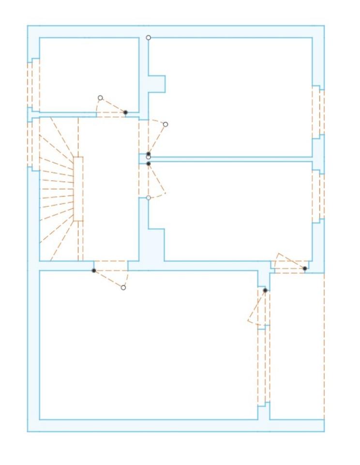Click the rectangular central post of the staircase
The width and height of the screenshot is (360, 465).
(x=78, y=189)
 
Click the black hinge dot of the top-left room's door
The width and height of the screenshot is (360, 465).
(x=125, y=112)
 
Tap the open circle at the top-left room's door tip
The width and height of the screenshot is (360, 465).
(x=100, y=98)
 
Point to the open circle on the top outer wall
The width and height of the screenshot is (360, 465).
(x=149, y=37)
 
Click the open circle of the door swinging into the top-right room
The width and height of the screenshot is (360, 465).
(x=165, y=124)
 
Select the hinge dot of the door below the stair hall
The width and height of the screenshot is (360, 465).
(x=94, y=270)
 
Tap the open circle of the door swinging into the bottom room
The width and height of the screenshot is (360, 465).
(x=123, y=288)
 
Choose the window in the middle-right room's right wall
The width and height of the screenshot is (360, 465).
(x=318, y=196)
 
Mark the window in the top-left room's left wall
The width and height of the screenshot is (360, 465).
(x=33, y=85)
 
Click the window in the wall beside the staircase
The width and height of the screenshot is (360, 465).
(x=33, y=144)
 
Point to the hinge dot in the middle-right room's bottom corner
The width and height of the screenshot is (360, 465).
(x=305, y=268)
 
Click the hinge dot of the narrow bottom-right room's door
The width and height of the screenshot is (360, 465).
(x=265, y=290)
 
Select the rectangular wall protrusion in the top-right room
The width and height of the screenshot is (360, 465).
(x=157, y=84)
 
